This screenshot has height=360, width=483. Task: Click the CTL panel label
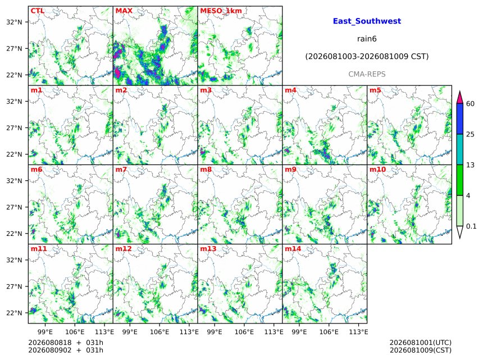[38, 11]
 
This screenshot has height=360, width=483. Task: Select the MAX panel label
[124, 11]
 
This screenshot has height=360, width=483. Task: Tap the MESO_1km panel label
[221, 11]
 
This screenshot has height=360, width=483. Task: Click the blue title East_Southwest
[367, 21]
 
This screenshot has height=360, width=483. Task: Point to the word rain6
[367, 39]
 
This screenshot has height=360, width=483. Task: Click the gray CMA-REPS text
[367, 74]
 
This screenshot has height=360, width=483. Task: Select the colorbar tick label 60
[470, 103]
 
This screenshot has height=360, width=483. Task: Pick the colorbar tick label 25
[470, 134]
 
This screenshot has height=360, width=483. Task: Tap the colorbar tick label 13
[470, 165]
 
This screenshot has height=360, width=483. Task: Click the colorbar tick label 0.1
[471, 226]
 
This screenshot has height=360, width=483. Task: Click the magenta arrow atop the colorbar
[459, 97]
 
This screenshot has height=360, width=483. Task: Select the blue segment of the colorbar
[459, 119]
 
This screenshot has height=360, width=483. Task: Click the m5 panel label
[375, 90]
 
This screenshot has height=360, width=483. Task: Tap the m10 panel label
[377, 170]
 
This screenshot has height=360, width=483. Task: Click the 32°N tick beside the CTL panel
[14, 22]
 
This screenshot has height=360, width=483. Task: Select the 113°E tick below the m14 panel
[358, 332]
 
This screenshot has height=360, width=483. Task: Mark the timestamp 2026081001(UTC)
[421, 343]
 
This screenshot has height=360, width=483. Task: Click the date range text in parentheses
[367, 57]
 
